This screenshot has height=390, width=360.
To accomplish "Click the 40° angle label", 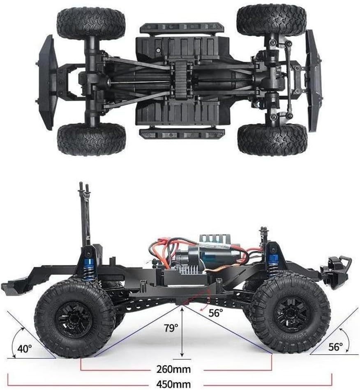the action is (x=25, y=348).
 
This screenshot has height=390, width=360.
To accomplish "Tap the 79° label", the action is (x=171, y=328).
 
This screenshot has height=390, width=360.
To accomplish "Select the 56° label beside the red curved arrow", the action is (x=216, y=313).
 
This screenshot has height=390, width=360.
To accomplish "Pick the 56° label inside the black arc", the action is (x=335, y=346).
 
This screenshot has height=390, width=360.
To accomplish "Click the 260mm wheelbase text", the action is (x=173, y=369).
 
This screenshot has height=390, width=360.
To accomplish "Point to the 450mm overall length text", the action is (x=173, y=384).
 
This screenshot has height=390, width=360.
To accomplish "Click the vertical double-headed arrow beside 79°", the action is (x=182, y=332).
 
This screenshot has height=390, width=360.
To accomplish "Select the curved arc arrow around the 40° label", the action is (x=17, y=342).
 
